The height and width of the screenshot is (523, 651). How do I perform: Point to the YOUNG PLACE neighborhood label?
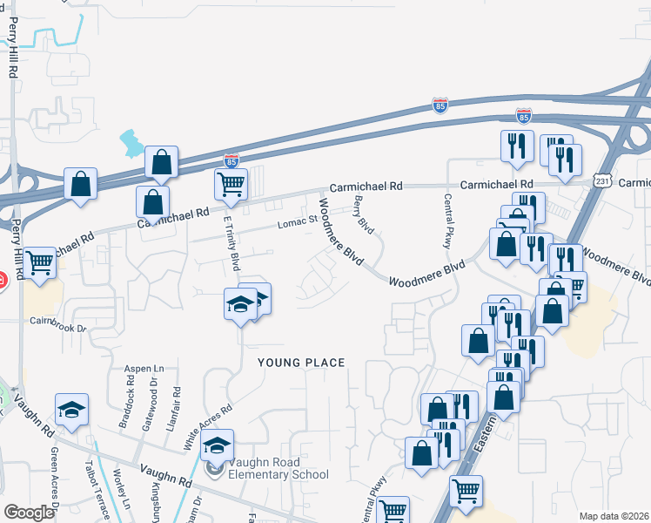(x=301, y=363)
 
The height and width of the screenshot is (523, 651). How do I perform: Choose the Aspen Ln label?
(x=144, y=369)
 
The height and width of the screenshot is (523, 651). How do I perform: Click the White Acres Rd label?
(x=208, y=421)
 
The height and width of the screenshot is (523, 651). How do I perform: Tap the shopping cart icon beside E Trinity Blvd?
(x=231, y=182)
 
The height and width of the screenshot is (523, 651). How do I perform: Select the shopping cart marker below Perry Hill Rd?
(x=39, y=261)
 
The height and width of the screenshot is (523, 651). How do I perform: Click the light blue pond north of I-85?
(x=133, y=141)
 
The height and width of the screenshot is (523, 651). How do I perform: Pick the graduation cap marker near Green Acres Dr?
(x=72, y=409)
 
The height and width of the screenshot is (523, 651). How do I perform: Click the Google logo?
(x=29, y=513)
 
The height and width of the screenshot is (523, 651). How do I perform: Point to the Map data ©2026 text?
(x=614, y=516)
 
